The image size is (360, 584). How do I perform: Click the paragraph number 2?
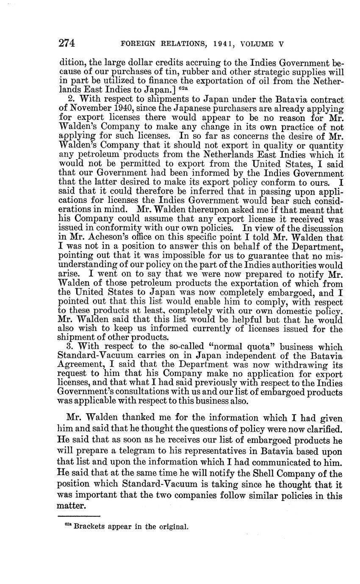tap(70, 100)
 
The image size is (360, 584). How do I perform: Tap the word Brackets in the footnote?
tap(90, 527)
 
